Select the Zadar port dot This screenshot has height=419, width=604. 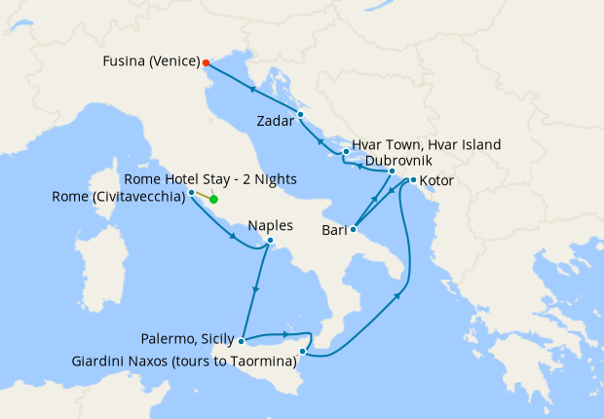301,114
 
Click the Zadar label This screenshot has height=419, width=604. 276,122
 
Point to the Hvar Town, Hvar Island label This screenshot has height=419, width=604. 426,144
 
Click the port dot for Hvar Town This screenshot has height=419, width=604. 346,152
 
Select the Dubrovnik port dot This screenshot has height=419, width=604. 392,171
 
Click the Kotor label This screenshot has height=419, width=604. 436,181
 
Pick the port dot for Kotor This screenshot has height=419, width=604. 414,180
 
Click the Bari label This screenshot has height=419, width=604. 335,231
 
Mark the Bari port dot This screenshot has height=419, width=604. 354,229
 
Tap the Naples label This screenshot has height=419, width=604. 270,225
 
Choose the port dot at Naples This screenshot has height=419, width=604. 270,241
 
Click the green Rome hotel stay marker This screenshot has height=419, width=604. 213,200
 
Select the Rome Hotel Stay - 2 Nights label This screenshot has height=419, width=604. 211,180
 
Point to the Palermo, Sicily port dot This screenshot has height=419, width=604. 241,341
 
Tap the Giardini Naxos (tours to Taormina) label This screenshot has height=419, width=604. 184,362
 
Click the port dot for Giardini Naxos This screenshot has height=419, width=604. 303,351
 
